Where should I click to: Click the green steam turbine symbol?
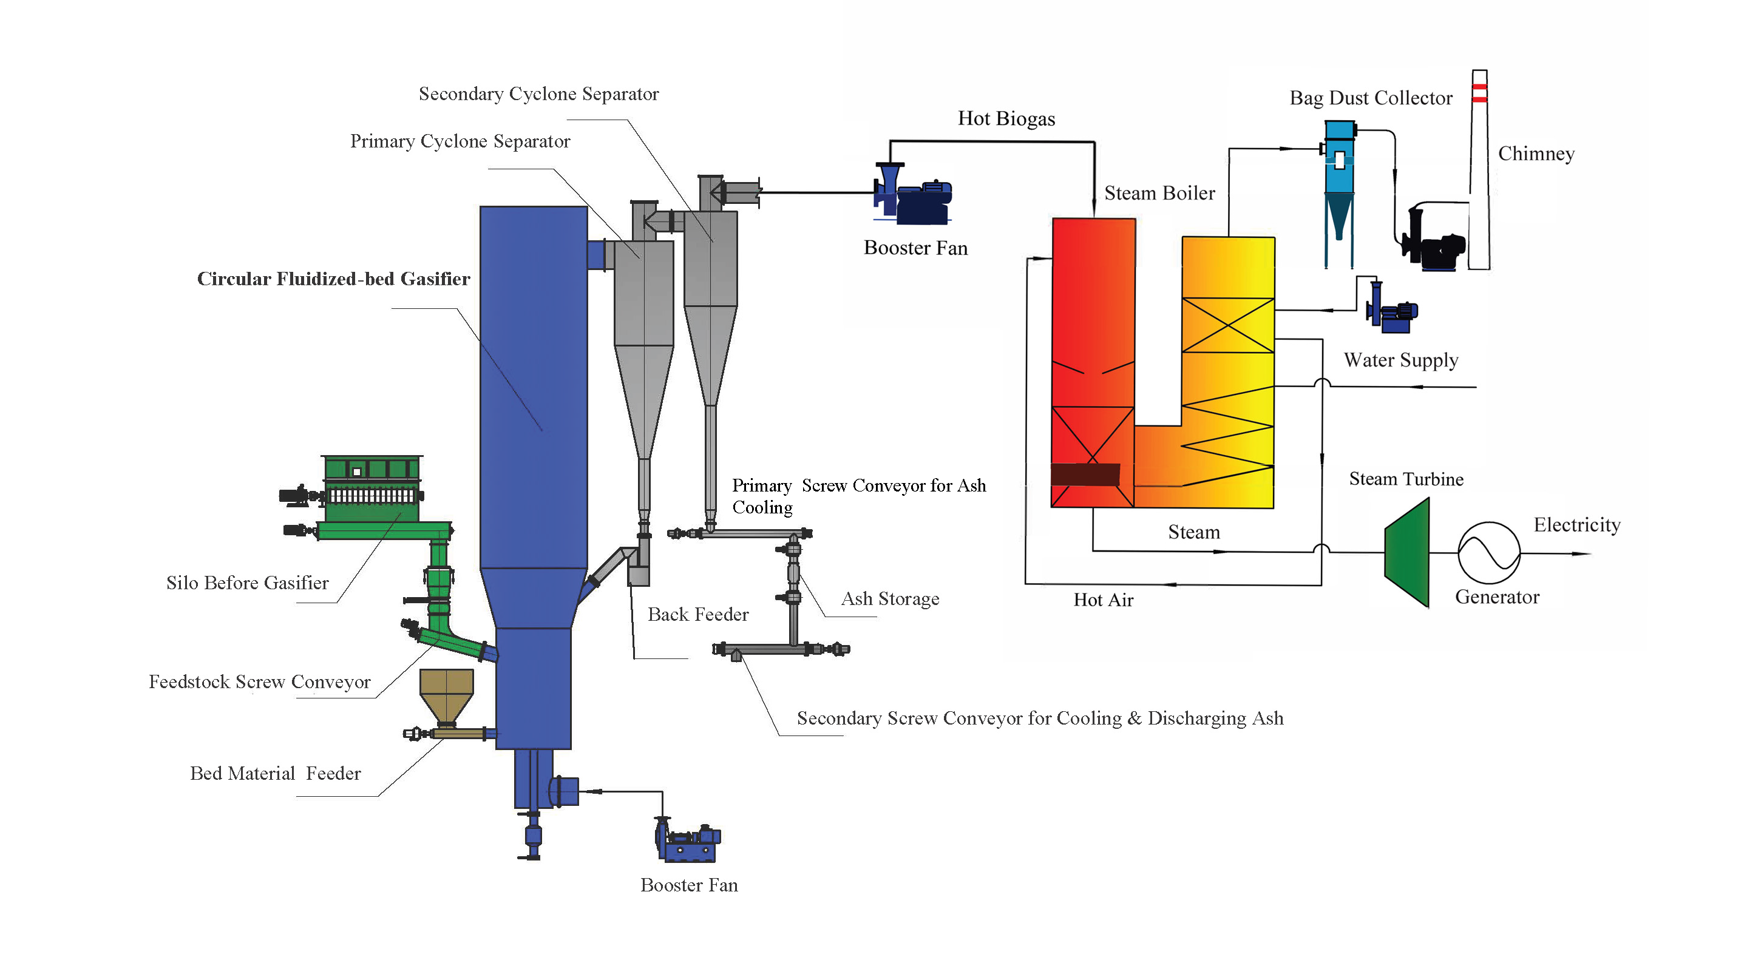pos(1408,553)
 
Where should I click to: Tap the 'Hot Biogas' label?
pos(1006,119)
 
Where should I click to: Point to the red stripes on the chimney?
pos(1479,93)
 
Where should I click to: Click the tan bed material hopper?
pos(447,694)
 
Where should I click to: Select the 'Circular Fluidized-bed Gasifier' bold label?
pos(333,279)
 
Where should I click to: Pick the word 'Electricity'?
pos(1576,525)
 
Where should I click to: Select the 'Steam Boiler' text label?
pos(1159,194)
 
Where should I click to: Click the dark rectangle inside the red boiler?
pos(1085,475)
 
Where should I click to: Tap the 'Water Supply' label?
pos(1400,360)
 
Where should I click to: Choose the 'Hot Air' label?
pos(1103,600)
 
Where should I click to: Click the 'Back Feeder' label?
pos(698,615)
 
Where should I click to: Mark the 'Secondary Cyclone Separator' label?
pos(538,95)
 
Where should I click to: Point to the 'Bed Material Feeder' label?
pos(275,774)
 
